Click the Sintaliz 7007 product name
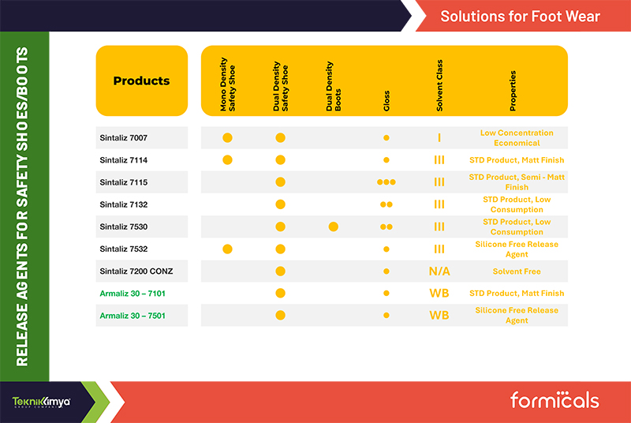(124, 137)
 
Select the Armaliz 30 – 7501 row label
(133, 316)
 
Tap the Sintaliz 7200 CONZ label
(136, 271)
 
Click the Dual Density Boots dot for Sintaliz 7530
(333, 226)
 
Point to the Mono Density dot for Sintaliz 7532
(227, 249)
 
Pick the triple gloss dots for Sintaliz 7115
(386, 182)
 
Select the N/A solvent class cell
(439, 271)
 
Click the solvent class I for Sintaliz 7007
(439, 137)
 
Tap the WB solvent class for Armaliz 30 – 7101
(439, 294)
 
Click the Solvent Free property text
(517, 271)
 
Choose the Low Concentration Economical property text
(517, 137)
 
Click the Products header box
(142, 81)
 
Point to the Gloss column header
(386, 101)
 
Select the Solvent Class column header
(439, 85)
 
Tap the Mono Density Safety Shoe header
(227, 84)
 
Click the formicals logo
(554, 400)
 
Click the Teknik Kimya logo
(41, 402)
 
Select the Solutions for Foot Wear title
(520, 17)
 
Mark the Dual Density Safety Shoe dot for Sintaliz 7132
(281, 204)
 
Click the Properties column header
(513, 91)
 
